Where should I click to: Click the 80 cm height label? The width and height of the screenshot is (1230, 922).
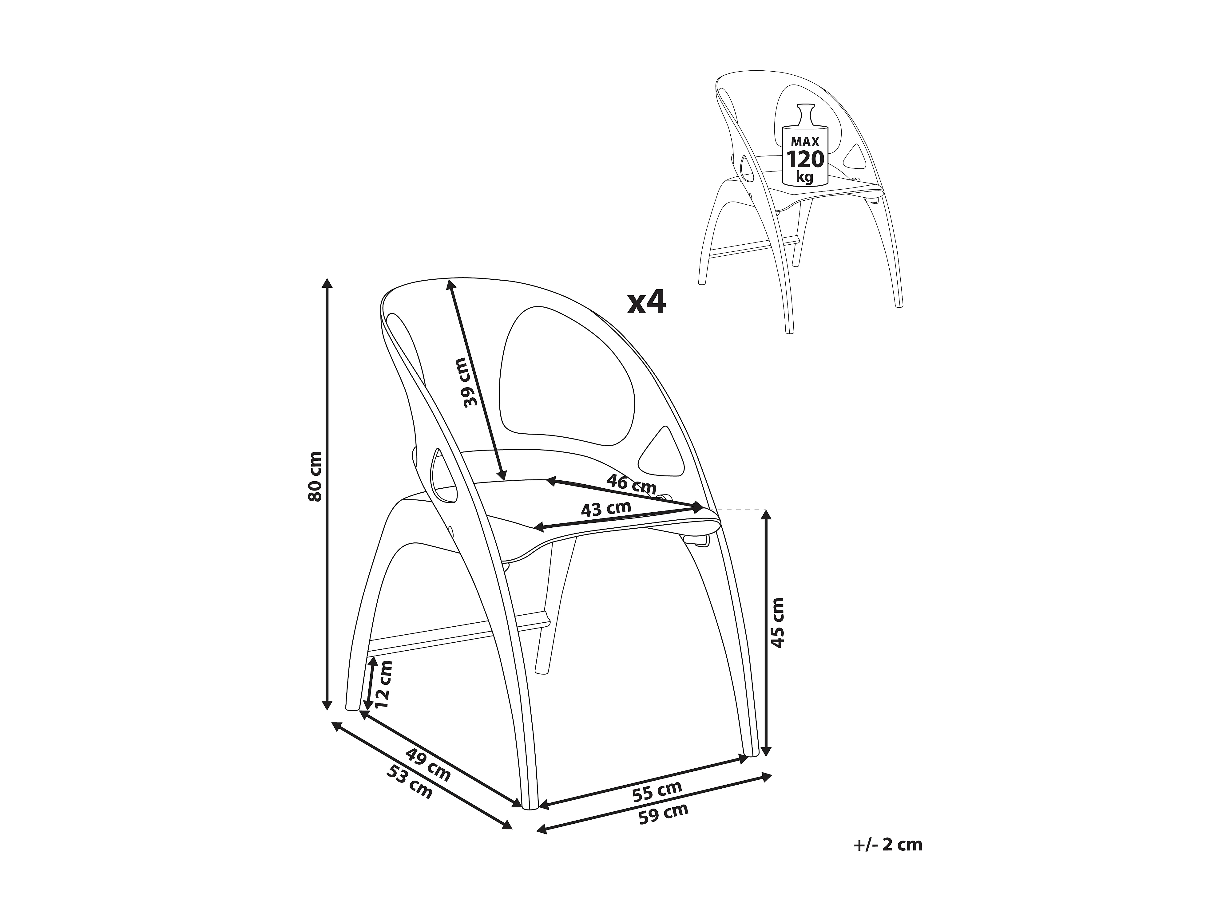[x=315, y=476]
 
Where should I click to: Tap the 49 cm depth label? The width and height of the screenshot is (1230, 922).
[x=428, y=765]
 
